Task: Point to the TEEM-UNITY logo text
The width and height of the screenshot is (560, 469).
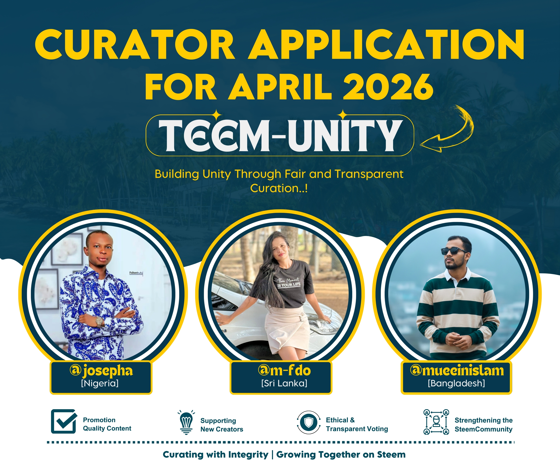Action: [279, 135]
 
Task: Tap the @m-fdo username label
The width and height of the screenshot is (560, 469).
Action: [284, 370]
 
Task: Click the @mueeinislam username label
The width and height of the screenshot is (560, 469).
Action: [457, 370]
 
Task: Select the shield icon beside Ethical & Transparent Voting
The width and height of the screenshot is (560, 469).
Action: [309, 422]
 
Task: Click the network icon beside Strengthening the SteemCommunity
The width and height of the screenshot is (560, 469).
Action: [436, 422]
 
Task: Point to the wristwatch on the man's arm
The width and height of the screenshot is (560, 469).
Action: [99, 322]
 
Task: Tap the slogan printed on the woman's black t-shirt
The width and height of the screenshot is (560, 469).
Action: [289, 282]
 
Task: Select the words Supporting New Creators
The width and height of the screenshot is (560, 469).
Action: [222, 425]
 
